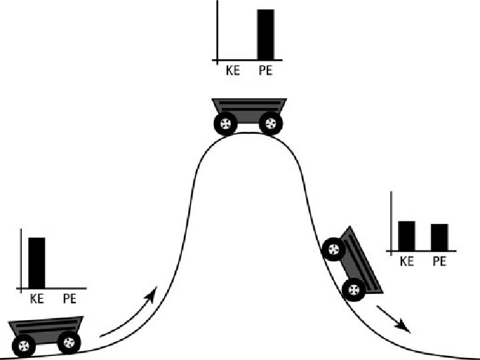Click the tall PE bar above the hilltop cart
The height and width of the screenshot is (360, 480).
pyautogui.click(x=265, y=35)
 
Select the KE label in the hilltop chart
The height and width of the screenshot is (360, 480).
pyautogui.click(x=232, y=70)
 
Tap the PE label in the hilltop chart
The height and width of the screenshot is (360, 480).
pyautogui.click(x=265, y=70)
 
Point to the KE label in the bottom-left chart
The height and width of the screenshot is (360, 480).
pyautogui.click(x=37, y=299)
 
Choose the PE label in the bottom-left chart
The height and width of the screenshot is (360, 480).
pyautogui.click(x=70, y=299)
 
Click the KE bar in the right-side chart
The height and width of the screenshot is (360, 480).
pyautogui.click(x=407, y=235)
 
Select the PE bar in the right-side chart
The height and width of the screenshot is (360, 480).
pyautogui.click(x=439, y=237)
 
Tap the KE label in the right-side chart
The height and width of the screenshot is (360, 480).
pyautogui.click(x=407, y=261)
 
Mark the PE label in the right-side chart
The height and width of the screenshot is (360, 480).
pyautogui.click(x=439, y=261)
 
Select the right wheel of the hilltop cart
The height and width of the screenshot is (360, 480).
pyautogui.click(x=270, y=123)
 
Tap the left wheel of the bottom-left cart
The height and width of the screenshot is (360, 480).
pyautogui.click(x=25, y=345)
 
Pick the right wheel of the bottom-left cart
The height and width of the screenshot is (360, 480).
pyautogui.click(x=69, y=343)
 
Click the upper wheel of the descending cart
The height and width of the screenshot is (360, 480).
pyautogui.click(x=333, y=250)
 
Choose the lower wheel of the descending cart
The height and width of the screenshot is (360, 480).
pyautogui.click(x=353, y=289)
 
